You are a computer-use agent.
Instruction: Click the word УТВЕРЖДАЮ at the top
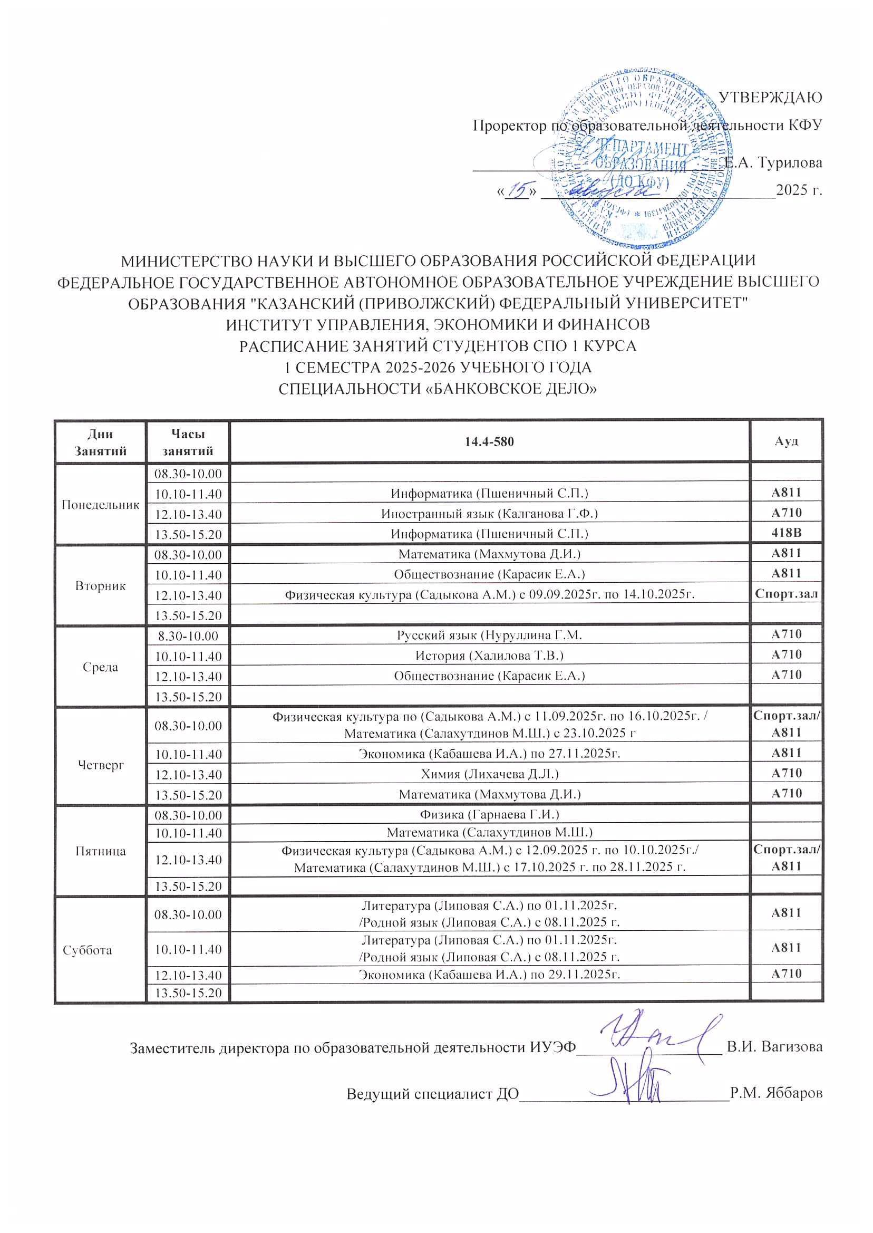tap(770, 98)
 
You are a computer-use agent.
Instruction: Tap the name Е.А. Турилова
tap(772, 162)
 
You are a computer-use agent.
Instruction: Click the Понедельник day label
tap(101, 504)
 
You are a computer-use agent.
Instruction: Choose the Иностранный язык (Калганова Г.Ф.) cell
tap(489, 514)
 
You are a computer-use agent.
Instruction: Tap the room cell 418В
tap(786, 533)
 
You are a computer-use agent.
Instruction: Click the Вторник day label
tap(101, 585)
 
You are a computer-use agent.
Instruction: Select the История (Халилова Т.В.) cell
tap(489, 655)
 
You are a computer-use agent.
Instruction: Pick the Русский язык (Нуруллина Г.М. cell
tap(489, 635)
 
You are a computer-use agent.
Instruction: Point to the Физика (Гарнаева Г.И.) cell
tap(489, 814)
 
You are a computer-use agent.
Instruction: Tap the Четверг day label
tap(101, 765)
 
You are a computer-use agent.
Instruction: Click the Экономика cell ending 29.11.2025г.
tap(489, 974)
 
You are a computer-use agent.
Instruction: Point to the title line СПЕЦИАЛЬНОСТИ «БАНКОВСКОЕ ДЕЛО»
tap(438, 388)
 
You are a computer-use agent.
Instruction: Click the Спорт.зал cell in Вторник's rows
tap(786, 594)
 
